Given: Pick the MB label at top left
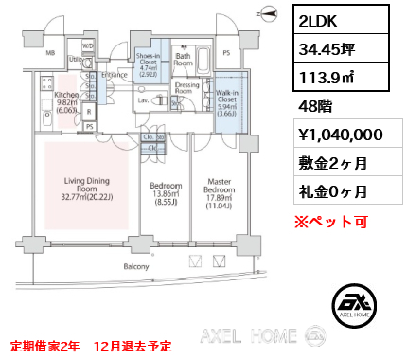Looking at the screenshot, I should pos(50,54).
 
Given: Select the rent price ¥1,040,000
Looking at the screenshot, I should pos(340,135).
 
